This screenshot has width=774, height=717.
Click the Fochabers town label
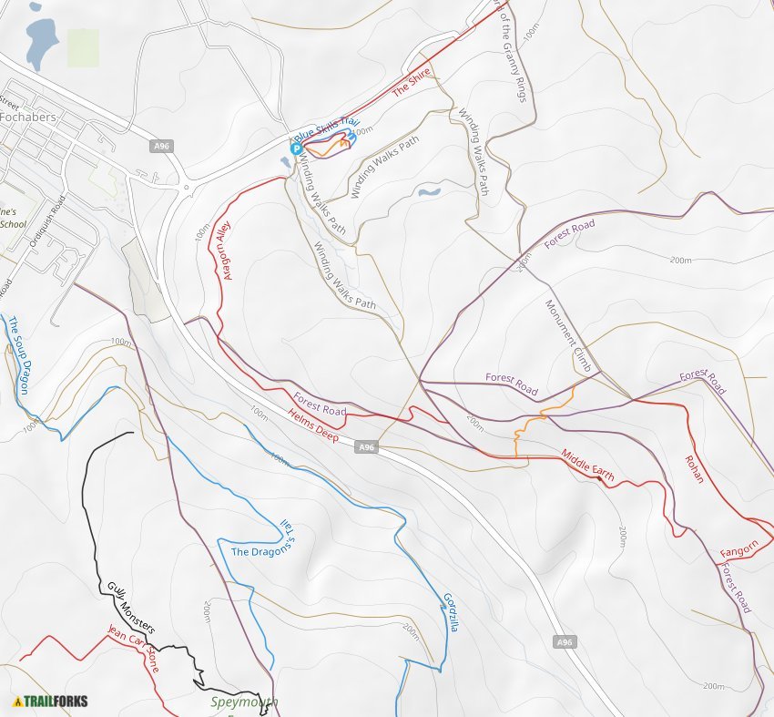click(x=28, y=118)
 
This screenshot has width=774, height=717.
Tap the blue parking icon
click(x=295, y=149)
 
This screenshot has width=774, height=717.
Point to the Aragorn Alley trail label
click(x=223, y=249)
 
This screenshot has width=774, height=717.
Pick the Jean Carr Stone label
click(x=134, y=648)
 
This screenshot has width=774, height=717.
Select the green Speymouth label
click(x=243, y=702)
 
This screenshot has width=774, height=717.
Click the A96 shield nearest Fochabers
click(x=161, y=146)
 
